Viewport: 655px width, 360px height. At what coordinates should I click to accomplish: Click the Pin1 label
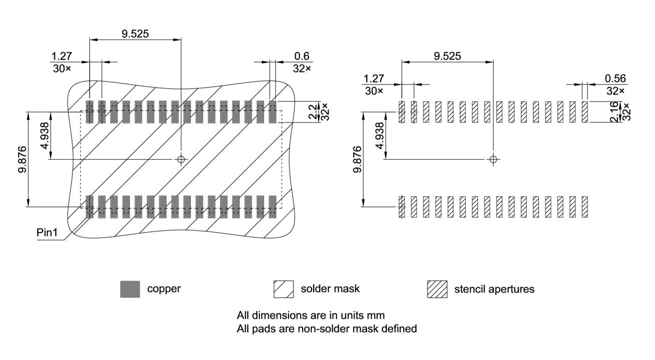tap(47, 233)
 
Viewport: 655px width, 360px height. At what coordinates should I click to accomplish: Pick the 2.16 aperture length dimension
tap(614, 112)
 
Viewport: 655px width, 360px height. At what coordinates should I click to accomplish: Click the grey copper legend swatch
tap(130, 289)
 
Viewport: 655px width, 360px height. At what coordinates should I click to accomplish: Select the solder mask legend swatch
tap(283, 289)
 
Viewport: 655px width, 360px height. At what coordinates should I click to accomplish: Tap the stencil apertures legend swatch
tap(437, 289)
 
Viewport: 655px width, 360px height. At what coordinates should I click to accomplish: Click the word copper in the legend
tap(164, 289)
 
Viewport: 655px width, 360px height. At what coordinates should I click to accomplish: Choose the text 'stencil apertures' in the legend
tap(494, 289)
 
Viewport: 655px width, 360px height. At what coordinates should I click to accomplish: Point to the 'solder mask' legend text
tap(330, 289)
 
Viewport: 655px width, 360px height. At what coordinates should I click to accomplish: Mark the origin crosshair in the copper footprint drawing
tap(181, 159)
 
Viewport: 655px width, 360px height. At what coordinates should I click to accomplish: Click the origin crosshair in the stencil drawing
tap(493, 159)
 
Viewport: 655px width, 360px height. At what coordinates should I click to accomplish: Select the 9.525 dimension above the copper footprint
tap(135, 34)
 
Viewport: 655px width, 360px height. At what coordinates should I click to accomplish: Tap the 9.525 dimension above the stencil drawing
tap(447, 56)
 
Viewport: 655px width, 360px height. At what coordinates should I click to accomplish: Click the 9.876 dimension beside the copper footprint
tap(23, 159)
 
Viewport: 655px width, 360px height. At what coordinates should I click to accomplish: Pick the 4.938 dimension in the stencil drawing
tap(379, 135)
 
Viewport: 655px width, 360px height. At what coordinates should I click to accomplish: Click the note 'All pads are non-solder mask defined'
tap(326, 329)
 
